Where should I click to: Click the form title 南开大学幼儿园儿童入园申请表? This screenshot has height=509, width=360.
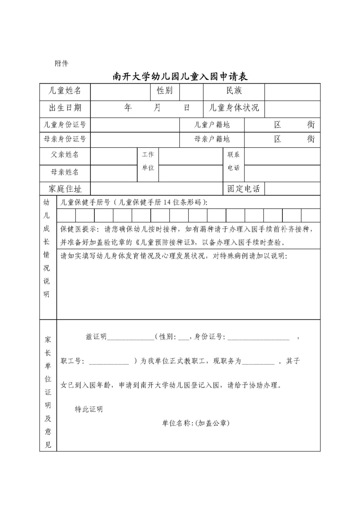coord(180,76)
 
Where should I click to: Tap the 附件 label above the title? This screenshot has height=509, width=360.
coord(62,63)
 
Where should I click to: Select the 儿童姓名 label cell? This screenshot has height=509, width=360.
coord(65,91)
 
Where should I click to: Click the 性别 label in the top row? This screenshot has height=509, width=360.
coord(164,91)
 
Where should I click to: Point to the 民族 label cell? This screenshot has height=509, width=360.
coord(234,91)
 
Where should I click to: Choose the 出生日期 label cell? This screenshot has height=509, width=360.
coord(65,108)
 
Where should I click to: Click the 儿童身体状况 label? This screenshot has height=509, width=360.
coord(234,108)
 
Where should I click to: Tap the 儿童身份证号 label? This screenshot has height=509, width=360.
coord(65,124)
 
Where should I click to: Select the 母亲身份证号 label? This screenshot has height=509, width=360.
coord(65,139)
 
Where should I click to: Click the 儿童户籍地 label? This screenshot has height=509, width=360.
coord(212,124)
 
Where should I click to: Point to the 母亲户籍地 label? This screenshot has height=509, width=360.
coord(212,139)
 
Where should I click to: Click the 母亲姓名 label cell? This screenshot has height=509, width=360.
coord(65,172)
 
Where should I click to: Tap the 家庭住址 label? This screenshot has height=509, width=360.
coord(65,189)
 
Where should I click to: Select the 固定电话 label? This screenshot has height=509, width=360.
coord(244,189)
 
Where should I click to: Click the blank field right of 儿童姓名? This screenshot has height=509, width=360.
coord(120,91)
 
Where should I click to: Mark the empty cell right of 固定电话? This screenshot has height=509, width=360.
coord(292,189)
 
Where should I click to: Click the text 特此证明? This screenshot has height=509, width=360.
coord(89,409)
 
